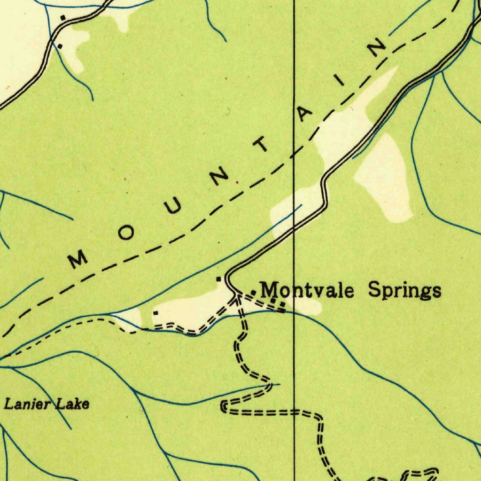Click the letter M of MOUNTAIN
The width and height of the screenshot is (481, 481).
tap(78, 258)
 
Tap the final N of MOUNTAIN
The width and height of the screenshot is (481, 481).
tap(377, 47)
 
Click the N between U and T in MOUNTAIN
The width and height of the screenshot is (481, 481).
tap(219, 178)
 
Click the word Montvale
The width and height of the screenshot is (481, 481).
tap(307, 290)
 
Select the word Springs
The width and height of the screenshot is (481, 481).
tap(404, 290)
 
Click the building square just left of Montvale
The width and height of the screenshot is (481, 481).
tap(253, 293)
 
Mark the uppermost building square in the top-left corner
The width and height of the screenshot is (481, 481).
tap(62, 17)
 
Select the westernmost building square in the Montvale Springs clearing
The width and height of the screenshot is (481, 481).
tap(155, 313)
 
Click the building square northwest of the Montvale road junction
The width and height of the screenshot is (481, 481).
tap(218, 279)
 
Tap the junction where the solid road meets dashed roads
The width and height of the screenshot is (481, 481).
tap(236, 295)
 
